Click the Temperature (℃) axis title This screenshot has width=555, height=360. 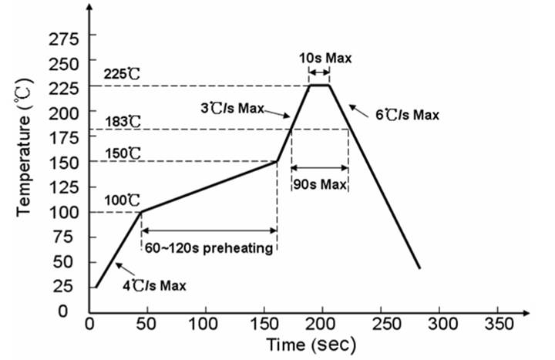24,146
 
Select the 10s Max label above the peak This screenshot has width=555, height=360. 319,58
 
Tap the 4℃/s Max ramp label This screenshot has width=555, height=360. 156,285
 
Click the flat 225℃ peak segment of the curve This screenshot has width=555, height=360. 319,85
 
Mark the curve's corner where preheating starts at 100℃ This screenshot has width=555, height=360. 140,211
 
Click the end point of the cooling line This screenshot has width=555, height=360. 420,268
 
